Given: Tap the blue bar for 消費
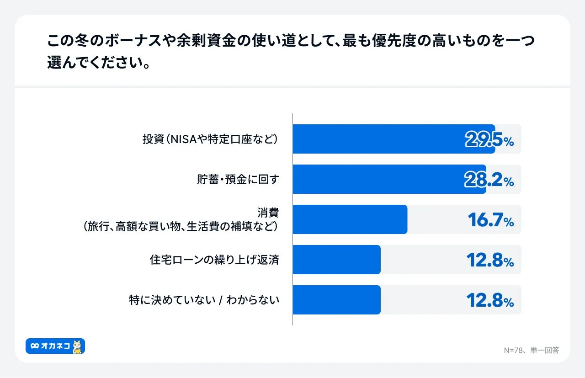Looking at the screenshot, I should pos(350,219).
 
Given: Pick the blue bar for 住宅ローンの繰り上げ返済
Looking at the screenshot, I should pos(336,260).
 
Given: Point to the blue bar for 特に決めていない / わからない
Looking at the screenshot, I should pos(336,300).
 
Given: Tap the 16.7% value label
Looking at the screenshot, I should pos(490,220).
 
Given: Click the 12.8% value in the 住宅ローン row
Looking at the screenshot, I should pos(490,261).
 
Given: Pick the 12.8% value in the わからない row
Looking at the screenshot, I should pos(490,301).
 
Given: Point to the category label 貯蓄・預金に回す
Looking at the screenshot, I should pos(237,179).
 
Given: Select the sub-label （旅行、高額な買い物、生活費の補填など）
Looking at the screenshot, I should pos(181,226).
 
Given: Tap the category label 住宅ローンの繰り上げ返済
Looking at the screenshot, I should pos(214,260).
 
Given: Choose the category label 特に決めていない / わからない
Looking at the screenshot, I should pos(204,300).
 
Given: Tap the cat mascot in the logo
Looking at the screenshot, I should pos(78,346).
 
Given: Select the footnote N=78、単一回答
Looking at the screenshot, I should pos(531,350).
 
